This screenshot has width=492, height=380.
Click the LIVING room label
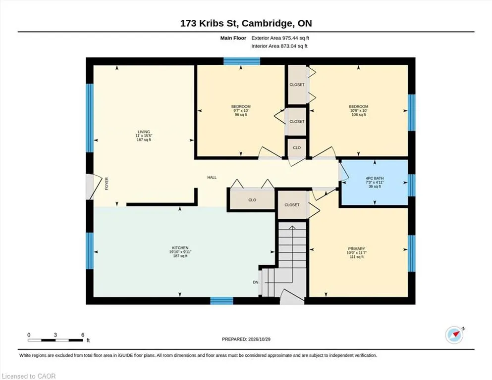tap(144, 132)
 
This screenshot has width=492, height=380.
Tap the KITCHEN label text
tap(180, 248)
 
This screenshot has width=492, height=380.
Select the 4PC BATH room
tap(375, 182)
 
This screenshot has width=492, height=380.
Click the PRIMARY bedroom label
tap(356, 249)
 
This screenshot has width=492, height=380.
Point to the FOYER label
tap(107, 184)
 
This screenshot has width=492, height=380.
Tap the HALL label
tap(212, 177)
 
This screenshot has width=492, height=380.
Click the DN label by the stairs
tap(256, 282)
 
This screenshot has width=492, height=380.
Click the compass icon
tap(454, 334)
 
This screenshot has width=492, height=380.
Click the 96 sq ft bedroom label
tap(241, 110)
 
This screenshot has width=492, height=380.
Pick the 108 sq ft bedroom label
tap(359, 110)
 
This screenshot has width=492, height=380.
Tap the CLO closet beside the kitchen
tap(252, 200)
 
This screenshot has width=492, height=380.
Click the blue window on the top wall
tap(242, 61)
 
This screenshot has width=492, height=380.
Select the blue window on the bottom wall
tap(221, 301)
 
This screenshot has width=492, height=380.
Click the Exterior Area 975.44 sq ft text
tap(280, 38)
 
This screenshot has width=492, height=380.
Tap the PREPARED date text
tap(246, 339)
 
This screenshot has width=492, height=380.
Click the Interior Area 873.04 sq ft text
tap(279, 46)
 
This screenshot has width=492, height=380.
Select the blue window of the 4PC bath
tap(412, 185)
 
